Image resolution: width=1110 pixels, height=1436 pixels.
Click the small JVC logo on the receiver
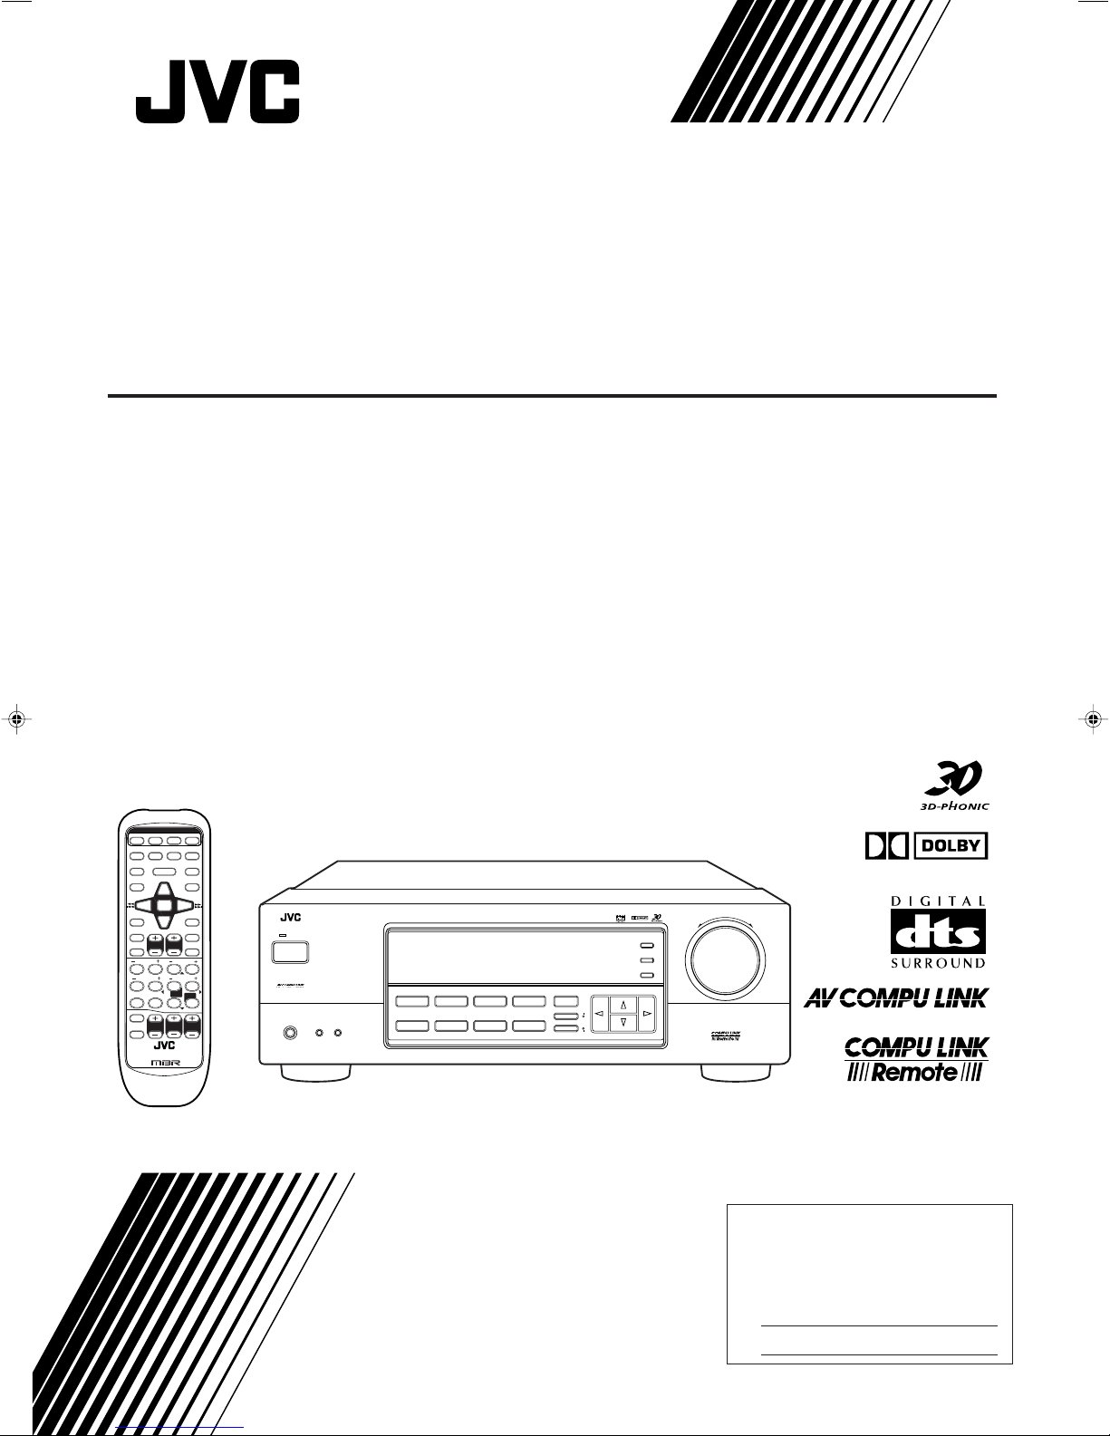click(x=289, y=917)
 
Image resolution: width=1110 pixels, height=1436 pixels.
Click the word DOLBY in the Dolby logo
click(x=951, y=846)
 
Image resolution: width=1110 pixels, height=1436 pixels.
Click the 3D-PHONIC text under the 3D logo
click(x=950, y=805)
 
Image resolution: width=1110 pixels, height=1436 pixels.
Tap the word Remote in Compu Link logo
click(x=916, y=1072)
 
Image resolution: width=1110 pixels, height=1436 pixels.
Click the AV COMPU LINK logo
click(x=896, y=998)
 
